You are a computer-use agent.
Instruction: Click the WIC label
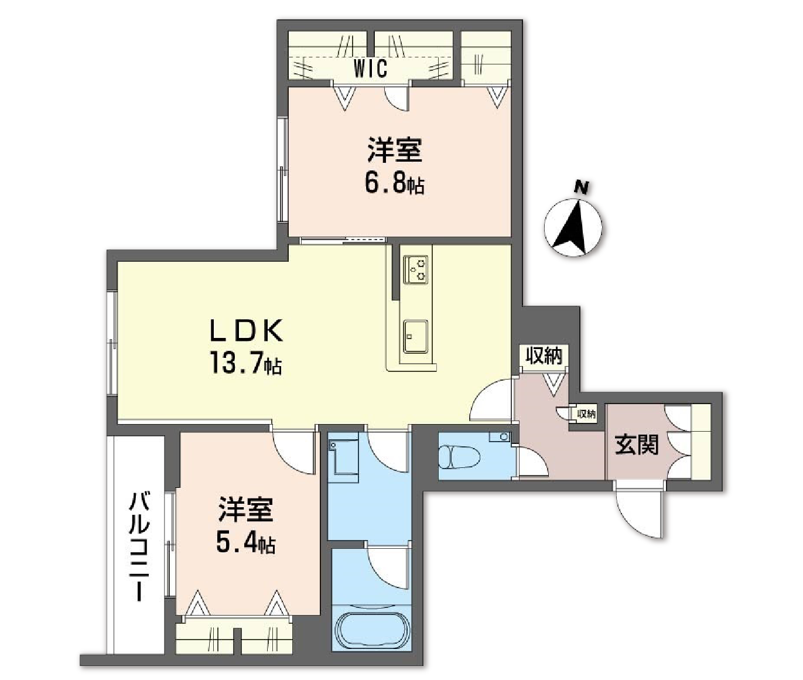[370, 69]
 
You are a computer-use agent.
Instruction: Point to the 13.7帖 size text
[245, 365]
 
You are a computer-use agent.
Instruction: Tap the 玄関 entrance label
[637, 445]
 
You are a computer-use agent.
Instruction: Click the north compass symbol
[574, 223]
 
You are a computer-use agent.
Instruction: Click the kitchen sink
[415, 336]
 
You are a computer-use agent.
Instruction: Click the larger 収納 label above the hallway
[544, 356]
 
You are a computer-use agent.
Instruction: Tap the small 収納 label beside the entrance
[586, 414]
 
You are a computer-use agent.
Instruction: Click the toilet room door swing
[530, 463]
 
